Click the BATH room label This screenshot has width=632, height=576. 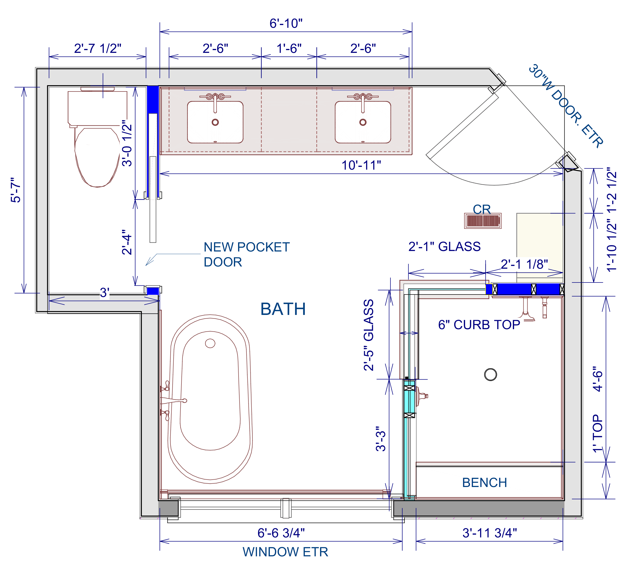283,309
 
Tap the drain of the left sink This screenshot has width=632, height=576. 215,122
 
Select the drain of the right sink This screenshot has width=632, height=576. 363,122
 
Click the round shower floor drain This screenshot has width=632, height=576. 490,374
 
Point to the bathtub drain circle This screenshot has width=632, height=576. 210,343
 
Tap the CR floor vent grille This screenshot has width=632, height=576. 483,221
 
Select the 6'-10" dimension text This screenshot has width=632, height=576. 286,24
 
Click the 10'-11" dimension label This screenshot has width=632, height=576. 361,165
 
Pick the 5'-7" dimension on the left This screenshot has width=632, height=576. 16,190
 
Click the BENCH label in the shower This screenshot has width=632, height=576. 484,483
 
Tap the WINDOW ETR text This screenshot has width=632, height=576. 285,552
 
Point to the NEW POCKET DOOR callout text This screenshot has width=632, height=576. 247,254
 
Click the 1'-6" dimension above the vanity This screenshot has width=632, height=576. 289,48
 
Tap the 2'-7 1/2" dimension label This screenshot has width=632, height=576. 97,48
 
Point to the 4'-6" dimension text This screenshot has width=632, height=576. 598,379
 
